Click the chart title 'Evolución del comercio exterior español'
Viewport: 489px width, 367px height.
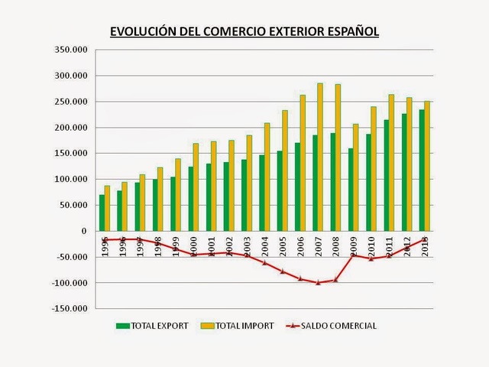coord(244,32)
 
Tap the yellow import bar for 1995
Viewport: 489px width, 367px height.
coord(108,208)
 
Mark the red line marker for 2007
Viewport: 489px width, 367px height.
coord(317,282)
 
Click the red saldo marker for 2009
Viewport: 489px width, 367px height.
coord(353,255)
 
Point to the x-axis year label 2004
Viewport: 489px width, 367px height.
coord(264,247)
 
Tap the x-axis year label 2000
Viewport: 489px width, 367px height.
coord(193,247)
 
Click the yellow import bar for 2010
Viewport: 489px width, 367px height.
coord(374,168)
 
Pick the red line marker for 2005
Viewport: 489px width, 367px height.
coord(282,271)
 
